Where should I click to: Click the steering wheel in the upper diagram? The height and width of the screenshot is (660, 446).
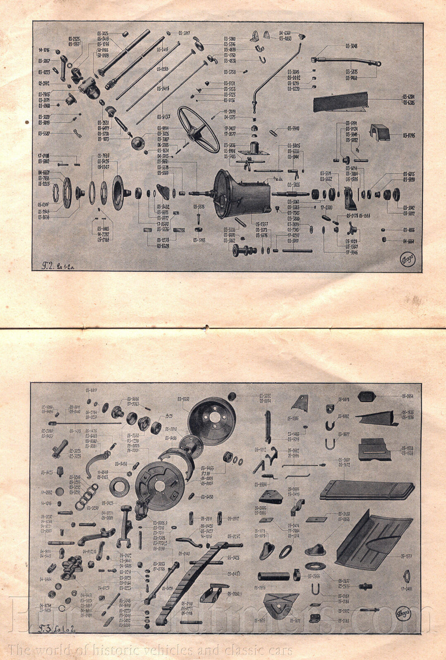[x=198, y=129]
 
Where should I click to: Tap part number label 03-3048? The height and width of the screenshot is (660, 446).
[x=351, y=46]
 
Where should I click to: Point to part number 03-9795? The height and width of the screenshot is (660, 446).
[x=409, y=135]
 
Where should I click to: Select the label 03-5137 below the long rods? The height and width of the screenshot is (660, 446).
[x=164, y=117]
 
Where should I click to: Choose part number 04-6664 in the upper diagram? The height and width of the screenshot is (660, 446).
[x=409, y=241]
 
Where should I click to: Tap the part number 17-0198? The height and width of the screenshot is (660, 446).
[x=44, y=156]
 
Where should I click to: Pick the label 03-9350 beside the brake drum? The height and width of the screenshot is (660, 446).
[x=183, y=399]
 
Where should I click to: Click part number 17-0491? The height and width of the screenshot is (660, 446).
[x=407, y=589]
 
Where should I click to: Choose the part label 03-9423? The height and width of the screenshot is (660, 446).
[x=47, y=472]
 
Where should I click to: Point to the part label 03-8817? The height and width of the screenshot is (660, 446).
[x=92, y=390]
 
